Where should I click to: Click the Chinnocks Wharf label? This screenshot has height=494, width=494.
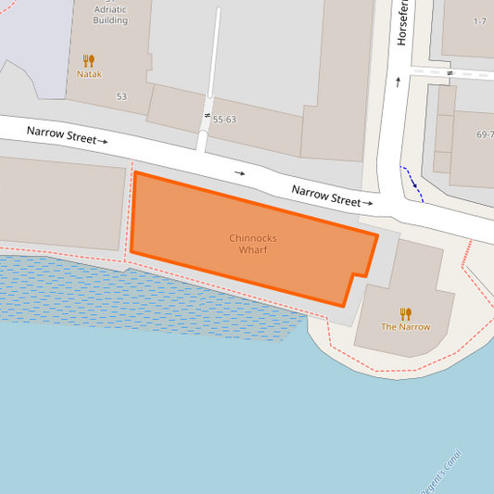pos(253,244)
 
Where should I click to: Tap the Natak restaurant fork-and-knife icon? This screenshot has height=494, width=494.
pos(90,59)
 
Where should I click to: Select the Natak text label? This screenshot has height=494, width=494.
pos(90,74)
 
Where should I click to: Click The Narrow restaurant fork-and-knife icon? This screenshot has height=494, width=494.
pos(405,313)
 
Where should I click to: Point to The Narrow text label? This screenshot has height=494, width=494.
pos(405,327)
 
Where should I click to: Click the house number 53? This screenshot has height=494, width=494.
pos(121,96)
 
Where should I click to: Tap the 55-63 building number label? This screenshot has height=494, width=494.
pos(225,120)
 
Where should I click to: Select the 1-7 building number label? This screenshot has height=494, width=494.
pos(480,20)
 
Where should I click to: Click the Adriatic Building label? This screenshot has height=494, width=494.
pos(110,15)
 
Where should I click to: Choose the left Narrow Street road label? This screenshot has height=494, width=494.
pos(61,135)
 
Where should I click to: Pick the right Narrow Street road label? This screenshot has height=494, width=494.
pos(325,196)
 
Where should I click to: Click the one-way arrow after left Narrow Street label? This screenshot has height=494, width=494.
pos(103,142)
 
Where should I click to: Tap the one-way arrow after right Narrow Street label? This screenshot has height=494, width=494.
pos(368,202)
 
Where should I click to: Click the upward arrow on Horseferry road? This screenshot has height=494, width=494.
pos(399,81)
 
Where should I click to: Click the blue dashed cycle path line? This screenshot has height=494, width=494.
pos(412,183)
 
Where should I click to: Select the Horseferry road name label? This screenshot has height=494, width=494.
pos(402,23)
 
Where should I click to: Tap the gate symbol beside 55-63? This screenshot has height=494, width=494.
pos(206,115)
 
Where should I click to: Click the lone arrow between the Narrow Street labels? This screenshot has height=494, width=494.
pos(240,172)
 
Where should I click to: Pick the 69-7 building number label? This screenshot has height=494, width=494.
pos(485,134)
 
